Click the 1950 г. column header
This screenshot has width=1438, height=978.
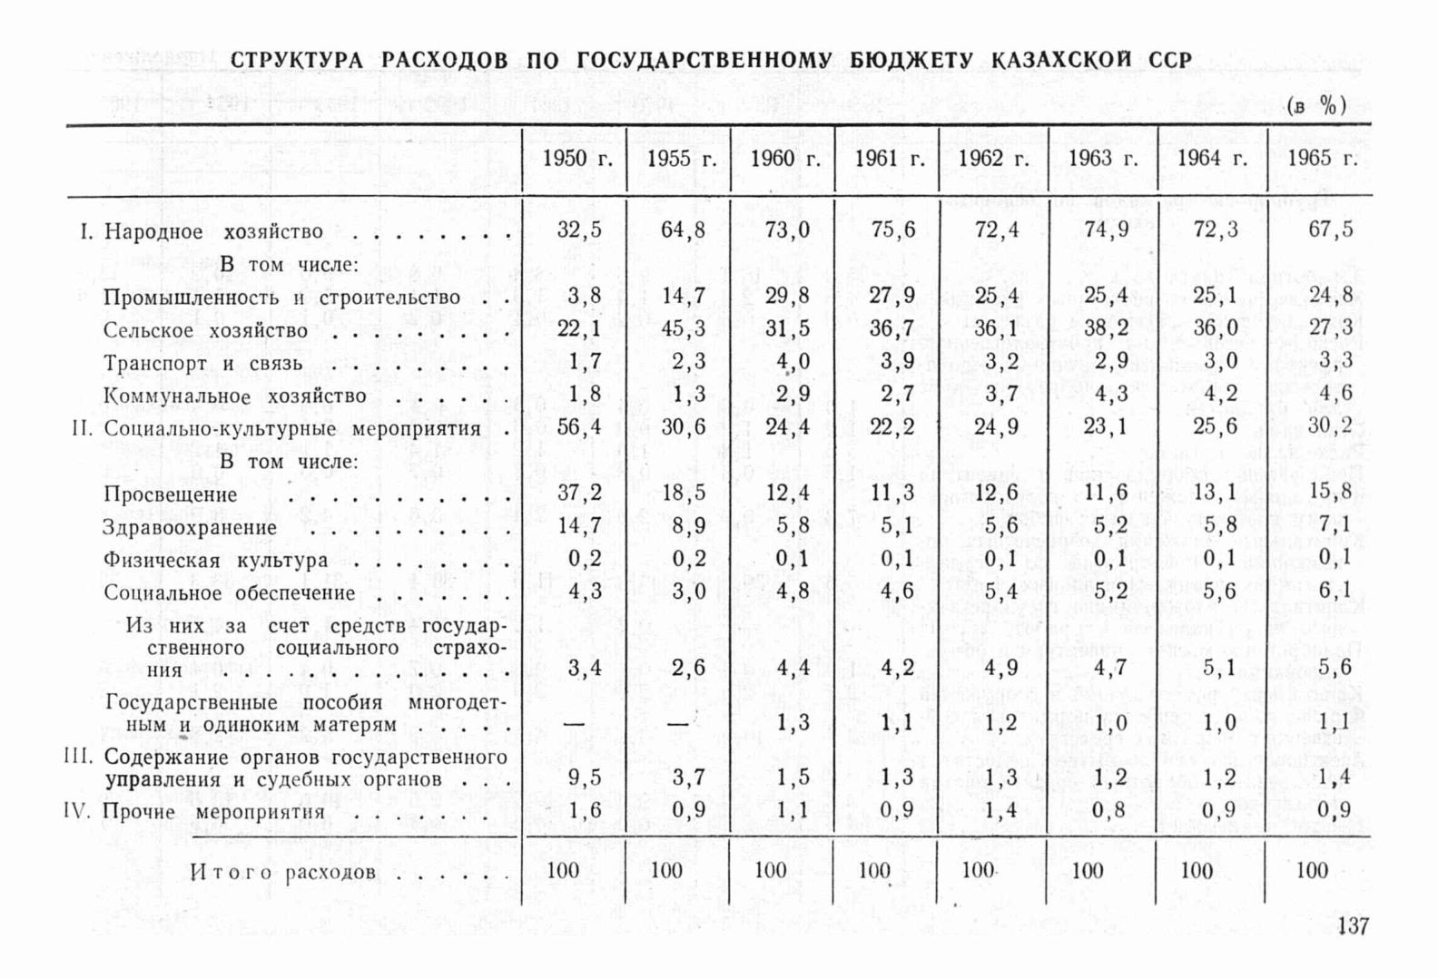577,159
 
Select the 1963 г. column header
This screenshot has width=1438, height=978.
1102,159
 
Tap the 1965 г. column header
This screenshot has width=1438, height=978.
1322,159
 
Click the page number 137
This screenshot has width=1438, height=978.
1353,926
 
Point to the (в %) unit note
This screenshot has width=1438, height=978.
1315,106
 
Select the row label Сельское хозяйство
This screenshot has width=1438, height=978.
205,330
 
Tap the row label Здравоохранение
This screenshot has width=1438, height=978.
190,527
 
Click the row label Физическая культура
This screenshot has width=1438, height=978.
215,560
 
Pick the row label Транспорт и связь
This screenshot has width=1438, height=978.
202,364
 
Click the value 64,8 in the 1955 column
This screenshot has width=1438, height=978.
683,230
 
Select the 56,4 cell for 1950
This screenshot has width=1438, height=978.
579,426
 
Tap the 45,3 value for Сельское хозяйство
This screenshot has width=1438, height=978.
683,328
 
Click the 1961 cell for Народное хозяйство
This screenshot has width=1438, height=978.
892,230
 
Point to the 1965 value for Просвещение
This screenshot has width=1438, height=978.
1330,492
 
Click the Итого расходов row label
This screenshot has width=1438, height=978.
282,873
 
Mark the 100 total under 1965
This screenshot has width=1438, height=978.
1312,871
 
